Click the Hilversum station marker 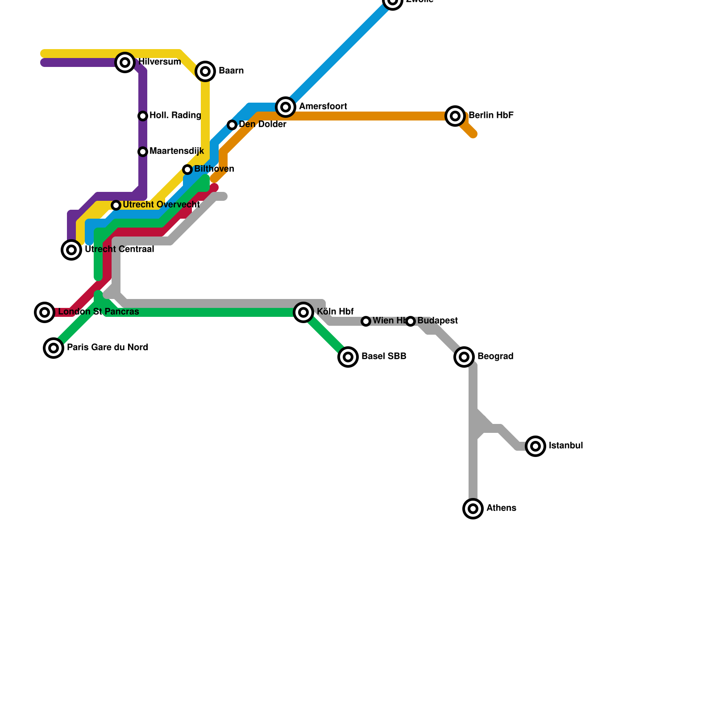[x=125, y=62]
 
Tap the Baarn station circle [x=205, y=71]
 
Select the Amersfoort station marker [x=286, y=107]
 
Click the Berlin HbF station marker [x=455, y=116]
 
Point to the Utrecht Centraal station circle [x=71, y=250]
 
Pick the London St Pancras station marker [x=45, y=312]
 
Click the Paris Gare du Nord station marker [x=54, y=348]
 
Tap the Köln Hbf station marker [x=303, y=312]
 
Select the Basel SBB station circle [x=348, y=357]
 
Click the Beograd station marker [x=464, y=357]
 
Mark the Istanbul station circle [x=535, y=446]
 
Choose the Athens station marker [x=473, y=508]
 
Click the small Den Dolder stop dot [x=232, y=125]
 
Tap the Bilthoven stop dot [x=187, y=170]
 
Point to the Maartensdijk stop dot [x=143, y=152]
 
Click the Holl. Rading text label [x=175, y=116]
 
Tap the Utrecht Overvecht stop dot [x=116, y=205]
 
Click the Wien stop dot [x=366, y=321]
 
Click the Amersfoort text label [x=323, y=107]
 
